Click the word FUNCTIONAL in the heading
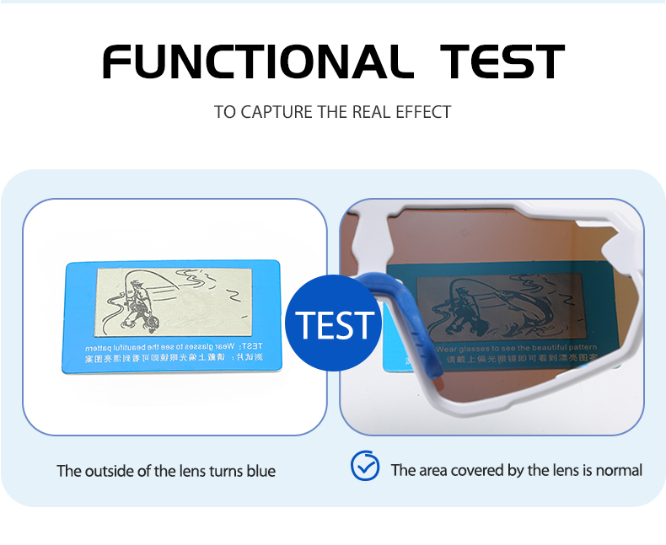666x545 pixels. (x=252, y=61)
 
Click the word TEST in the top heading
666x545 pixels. (x=502, y=61)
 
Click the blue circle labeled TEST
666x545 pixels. (x=333, y=324)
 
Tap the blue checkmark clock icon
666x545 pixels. (x=365, y=466)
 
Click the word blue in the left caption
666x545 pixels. (x=260, y=471)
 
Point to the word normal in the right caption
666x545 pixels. (x=619, y=470)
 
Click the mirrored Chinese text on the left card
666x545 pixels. (x=169, y=358)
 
